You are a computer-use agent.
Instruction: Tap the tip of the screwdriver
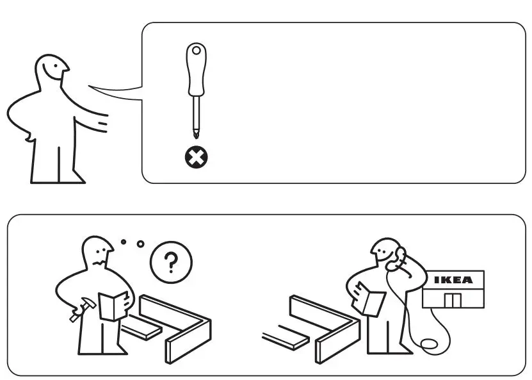(x=196, y=135)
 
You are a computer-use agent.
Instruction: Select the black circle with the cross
(x=196, y=158)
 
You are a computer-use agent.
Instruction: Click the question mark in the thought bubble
(x=170, y=263)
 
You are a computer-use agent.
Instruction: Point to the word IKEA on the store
(x=453, y=280)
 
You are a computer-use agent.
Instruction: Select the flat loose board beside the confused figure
(x=142, y=329)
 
